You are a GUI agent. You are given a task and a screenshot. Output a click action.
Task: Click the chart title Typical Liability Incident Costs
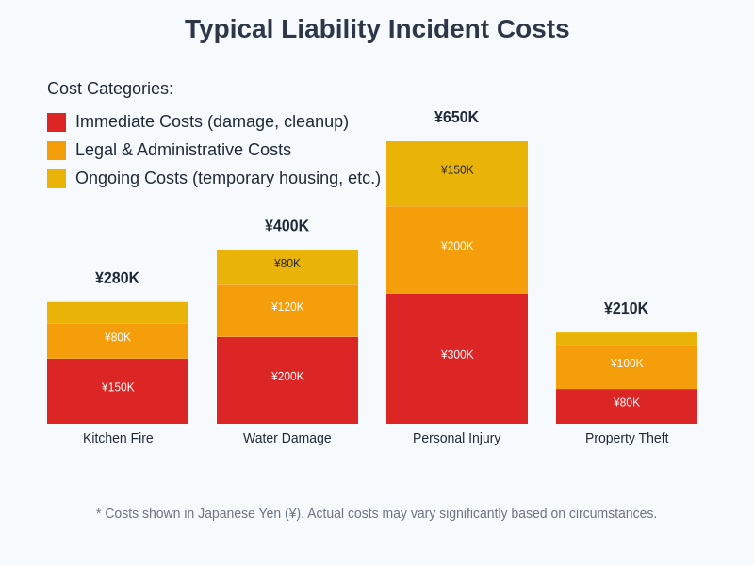(x=377, y=29)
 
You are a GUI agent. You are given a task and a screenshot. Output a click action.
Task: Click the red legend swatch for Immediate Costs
(x=57, y=122)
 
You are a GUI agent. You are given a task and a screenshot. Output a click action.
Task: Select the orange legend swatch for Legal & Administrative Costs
(x=57, y=151)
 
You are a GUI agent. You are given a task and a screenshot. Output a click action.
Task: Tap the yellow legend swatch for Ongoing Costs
(x=57, y=179)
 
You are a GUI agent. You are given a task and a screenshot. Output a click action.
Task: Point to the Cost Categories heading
(x=110, y=89)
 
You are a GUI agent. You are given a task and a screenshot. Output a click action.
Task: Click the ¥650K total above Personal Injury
(x=456, y=118)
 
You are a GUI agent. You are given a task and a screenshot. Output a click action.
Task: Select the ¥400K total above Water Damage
(x=287, y=226)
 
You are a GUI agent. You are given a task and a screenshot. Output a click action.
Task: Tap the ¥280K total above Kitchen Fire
(x=117, y=279)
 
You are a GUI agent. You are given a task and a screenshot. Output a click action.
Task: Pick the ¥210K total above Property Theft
(x=626, y=309)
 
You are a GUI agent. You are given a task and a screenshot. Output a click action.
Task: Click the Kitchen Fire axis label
(x=118, y=438)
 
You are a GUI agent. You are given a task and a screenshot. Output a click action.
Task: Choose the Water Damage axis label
(x=287, y=438)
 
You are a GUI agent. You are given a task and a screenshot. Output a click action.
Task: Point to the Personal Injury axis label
(x=456, y=438)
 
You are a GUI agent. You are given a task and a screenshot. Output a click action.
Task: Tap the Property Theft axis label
(x=626, y=438)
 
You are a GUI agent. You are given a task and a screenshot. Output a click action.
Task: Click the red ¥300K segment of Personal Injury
(x=457, y=358)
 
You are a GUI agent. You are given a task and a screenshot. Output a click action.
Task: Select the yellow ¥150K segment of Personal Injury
(x=457, y=174)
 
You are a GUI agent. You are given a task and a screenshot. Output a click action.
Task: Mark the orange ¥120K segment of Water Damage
(x=287, y=311)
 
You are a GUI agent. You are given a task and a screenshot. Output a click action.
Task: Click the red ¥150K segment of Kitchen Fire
(x=118, y=391)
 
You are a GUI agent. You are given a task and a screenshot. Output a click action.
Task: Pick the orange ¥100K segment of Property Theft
(x=627, y=367)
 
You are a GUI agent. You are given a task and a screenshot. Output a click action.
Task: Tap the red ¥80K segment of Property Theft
(x=627, y=406)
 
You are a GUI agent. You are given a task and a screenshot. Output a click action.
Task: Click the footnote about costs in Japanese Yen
(x=377, y=513)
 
